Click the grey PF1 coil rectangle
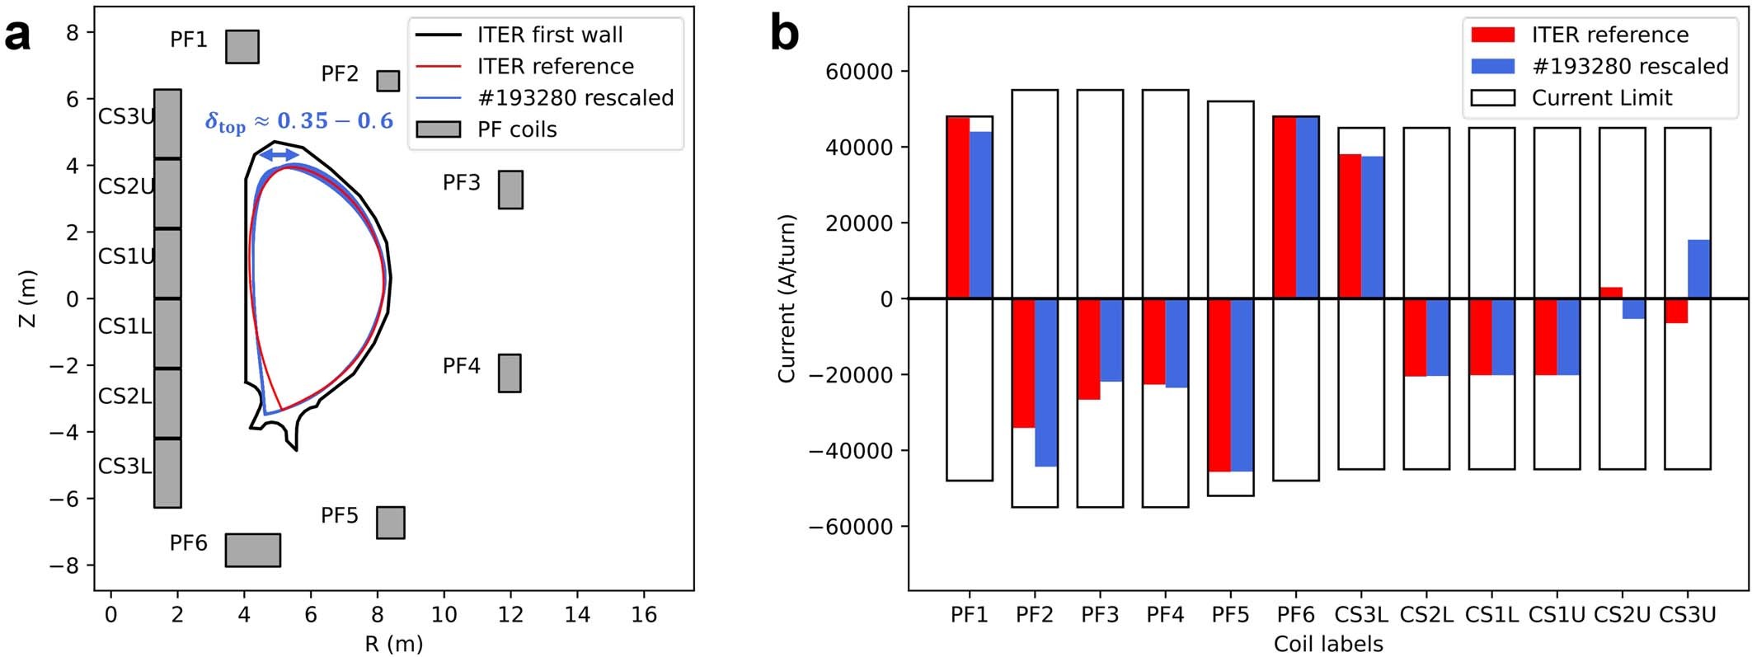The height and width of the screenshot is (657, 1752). point(242,47)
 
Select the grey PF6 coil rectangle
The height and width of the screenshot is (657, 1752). point(253,550)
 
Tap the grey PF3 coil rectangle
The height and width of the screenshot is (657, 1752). point(510,190)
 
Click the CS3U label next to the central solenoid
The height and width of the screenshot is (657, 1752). point(125,117)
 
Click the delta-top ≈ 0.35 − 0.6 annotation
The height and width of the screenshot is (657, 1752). point(299,123)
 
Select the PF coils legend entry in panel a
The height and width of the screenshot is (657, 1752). point(517,129)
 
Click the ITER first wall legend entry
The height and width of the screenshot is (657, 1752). point(549,35)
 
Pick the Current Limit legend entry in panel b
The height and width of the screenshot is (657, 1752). point(1601,98)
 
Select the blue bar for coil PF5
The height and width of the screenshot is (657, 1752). point(1242,385)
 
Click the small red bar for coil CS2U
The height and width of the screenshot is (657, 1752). point(1611,293)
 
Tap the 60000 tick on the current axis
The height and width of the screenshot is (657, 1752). point(858,72)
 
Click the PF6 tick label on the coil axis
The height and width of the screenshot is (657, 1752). point(1295,615)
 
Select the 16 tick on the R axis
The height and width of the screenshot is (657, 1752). point(644,615)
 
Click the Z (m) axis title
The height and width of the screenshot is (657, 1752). point(28,298)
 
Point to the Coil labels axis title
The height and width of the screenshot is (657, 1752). point(1327,644)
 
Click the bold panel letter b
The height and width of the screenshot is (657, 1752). point(783,35)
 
